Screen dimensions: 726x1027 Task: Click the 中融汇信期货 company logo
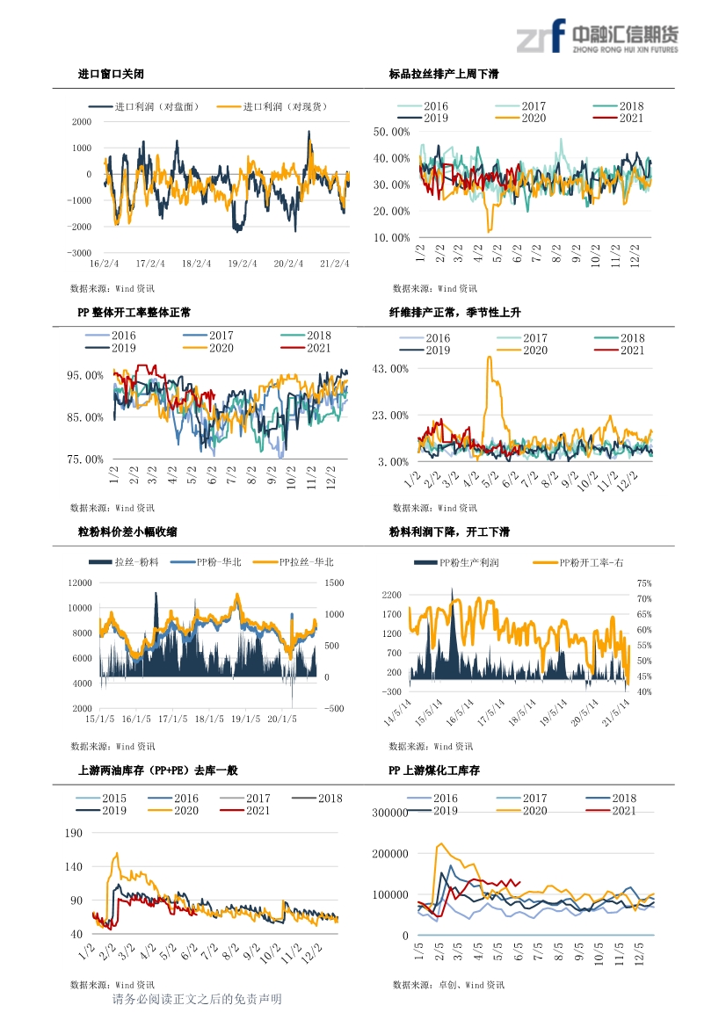coord(597,35)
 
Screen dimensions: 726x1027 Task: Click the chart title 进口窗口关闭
coord(111,74)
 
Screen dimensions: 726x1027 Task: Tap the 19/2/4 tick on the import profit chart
coord(243,264)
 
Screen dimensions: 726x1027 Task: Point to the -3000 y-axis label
coord(79,253)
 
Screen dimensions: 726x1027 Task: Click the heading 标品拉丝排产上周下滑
coord(444,74)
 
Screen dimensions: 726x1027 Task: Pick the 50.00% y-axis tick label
coord(391,132)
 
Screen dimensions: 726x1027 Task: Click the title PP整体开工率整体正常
coord(134,313)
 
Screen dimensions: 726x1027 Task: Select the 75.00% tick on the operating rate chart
coord(85,459)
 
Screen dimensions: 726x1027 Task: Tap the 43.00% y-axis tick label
coord(390,369)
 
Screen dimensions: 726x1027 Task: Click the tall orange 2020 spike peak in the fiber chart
coord(489,357)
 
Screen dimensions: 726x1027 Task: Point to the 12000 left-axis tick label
coord(80,583)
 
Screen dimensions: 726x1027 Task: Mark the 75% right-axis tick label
coord(644,583)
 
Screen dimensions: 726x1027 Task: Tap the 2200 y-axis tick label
coord(392,595)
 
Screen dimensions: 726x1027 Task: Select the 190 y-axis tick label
coord(74,833)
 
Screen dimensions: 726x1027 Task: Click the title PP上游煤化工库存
coord(434,770)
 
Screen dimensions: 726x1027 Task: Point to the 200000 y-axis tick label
coord(390,854)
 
